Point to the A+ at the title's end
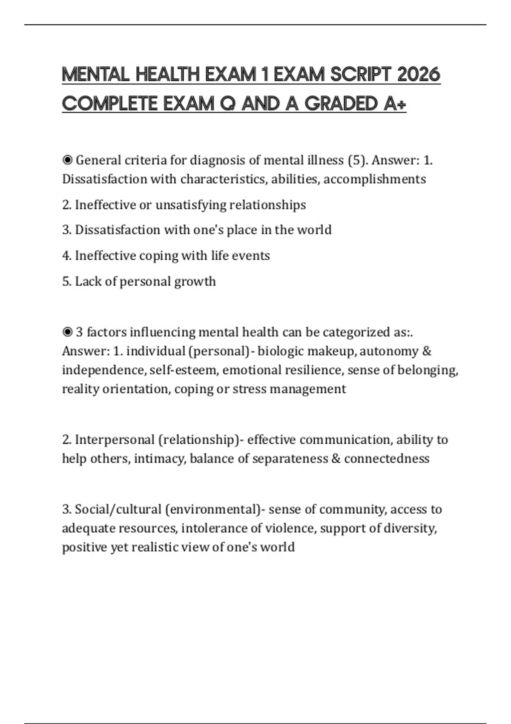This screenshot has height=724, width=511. click(x=395, y=104)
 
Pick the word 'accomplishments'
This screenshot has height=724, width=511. click(x=375, y=179)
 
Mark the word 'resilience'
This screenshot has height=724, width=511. click(x=314, y=370)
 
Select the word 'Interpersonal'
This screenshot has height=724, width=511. click(x=115, y=440)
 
